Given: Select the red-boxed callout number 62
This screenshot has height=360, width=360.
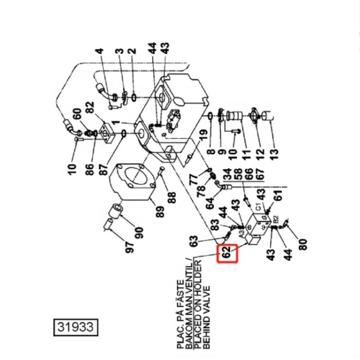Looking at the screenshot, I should point(226,254).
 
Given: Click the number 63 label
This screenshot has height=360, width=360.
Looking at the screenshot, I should point(193,241).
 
